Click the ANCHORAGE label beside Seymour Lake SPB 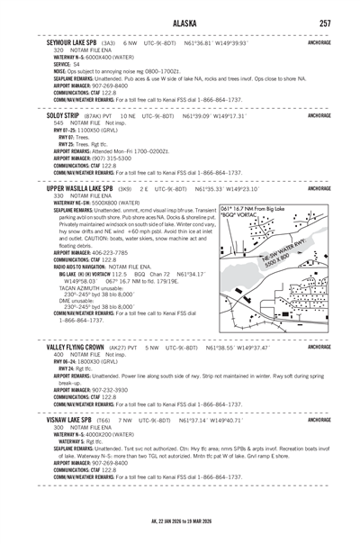coord(325,41)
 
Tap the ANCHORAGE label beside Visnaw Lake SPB coord(325,419)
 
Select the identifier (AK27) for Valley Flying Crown coord(123,347)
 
